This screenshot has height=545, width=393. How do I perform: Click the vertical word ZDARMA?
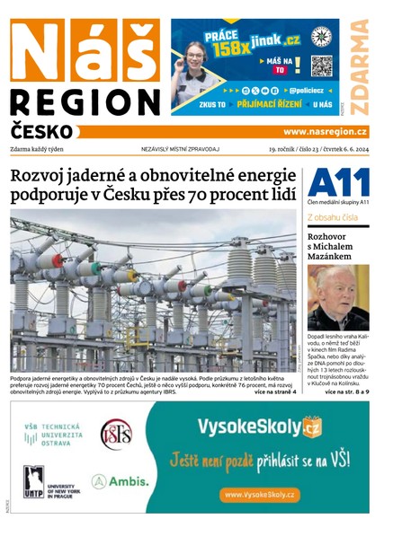360,67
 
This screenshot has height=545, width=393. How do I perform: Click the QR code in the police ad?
321,66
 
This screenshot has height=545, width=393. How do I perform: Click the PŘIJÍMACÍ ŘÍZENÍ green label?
269,105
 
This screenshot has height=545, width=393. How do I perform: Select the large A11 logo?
337,184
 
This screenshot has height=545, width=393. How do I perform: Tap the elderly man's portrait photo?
338,297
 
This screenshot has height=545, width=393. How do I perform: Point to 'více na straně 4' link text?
275,392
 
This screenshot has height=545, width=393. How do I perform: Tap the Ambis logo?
119,481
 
